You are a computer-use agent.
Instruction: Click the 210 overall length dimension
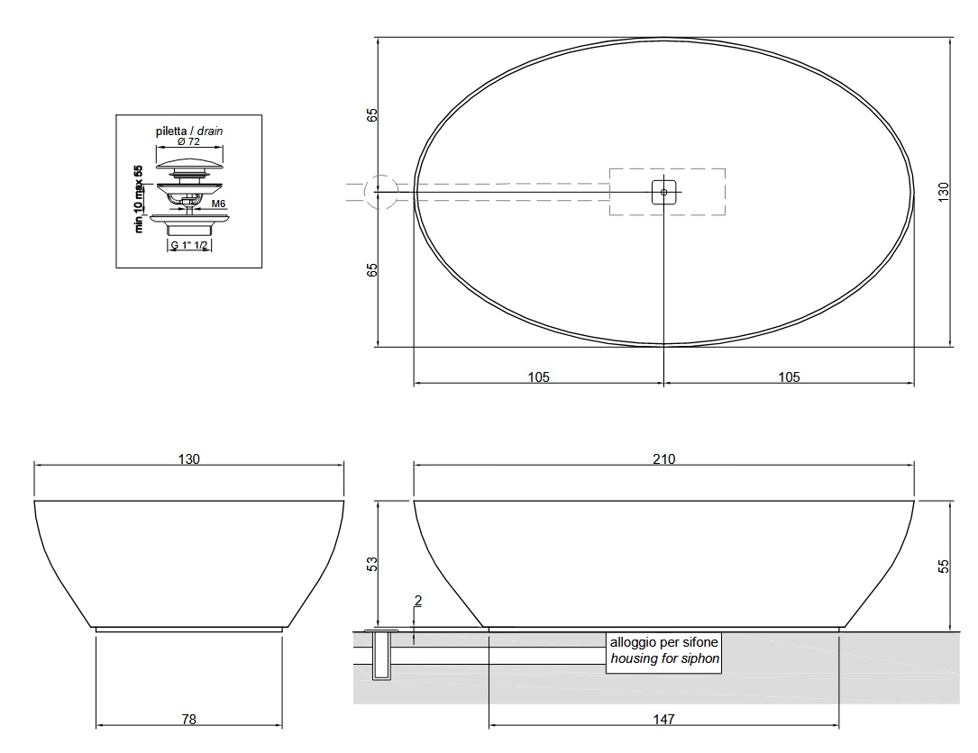click(x=663, y=459)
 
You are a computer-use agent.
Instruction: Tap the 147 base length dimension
click(x=663, y=720)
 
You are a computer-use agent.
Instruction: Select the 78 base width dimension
click(x=189, y=720)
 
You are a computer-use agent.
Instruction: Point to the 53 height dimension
click(x=371, y=564)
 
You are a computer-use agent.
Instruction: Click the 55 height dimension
click(x=944, y=566)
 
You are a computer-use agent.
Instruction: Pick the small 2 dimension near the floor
click(x=418, y=600)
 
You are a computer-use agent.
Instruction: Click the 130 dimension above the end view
click(x=189, y=459)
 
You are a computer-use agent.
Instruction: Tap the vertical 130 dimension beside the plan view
click(x=944, y=191)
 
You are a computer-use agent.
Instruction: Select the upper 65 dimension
click(x=371, y=115)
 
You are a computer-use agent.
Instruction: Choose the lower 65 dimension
click(x=371, y=270)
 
